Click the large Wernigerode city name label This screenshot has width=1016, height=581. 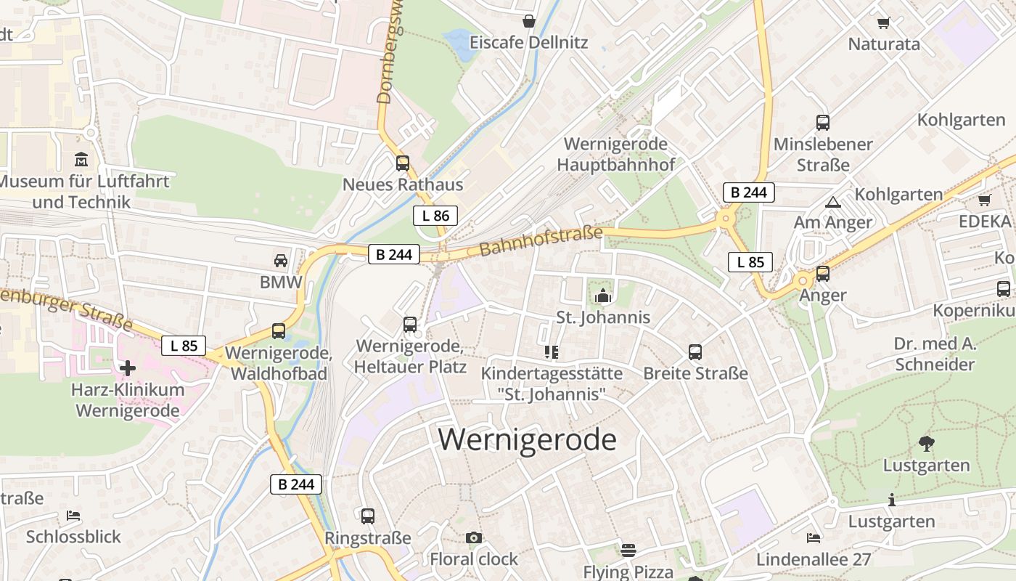[528, 440]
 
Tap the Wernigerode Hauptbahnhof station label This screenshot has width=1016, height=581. [615, 154]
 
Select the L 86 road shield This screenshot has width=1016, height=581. [435, 215]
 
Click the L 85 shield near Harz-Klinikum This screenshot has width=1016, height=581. [184, 346]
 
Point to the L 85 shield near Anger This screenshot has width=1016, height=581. [750, 262]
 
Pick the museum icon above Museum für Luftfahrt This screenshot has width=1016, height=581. [81, 159]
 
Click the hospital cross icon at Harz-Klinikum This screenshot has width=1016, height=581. [128, 368]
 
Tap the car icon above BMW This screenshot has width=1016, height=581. [281, 261]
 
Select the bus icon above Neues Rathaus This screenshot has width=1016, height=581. [403, 163]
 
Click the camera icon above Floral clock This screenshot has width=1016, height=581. [474, 537]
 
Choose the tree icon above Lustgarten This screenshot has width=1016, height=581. [926, 443]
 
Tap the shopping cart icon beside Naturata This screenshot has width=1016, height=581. [884, 23]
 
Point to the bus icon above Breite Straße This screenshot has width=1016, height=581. [695, 352]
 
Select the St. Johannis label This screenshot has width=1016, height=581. [603, 317]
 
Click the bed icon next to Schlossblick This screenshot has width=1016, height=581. [73, 516]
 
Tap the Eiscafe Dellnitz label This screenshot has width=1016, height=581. [528, 42]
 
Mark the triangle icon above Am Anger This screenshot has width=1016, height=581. [832, 202]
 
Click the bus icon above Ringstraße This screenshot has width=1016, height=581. [368, 516]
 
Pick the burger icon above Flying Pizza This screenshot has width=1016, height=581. [628, 550]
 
